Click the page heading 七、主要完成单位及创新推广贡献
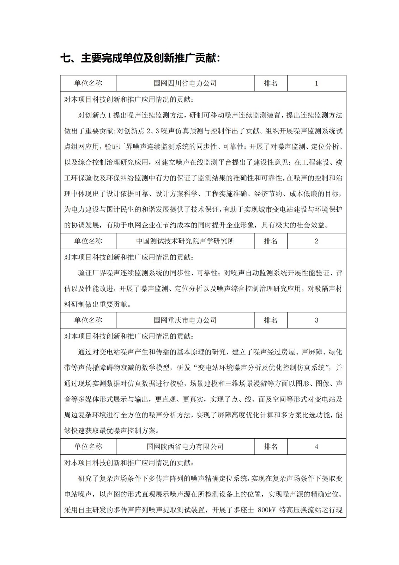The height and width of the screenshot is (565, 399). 140,58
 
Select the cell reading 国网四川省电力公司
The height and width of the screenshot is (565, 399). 185,83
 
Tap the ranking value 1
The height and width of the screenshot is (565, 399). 316,83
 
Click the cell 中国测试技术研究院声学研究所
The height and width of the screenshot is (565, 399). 185,241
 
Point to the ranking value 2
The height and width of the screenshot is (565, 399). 316,241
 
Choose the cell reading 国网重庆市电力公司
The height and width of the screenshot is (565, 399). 185,320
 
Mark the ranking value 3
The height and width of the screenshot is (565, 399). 316,320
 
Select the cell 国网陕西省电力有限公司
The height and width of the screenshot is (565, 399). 185,447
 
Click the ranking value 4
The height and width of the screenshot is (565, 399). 316,447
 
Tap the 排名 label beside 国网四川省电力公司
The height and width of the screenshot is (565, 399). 271,83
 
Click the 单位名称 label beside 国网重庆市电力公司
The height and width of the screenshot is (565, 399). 88,320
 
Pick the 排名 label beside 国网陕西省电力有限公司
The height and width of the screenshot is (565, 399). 271,447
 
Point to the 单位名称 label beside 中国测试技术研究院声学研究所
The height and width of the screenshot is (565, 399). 88,241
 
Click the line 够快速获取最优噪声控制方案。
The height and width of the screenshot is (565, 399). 111,431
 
